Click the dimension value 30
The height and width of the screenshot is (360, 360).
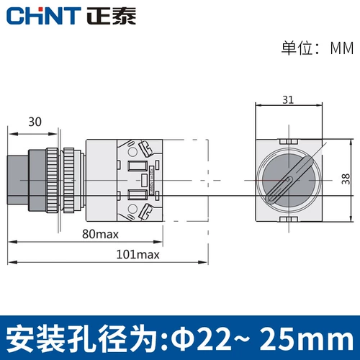(x=34, y=122)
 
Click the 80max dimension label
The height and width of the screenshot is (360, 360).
(x=100, y=234)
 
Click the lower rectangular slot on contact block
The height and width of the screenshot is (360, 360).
(x=135, y=194)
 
